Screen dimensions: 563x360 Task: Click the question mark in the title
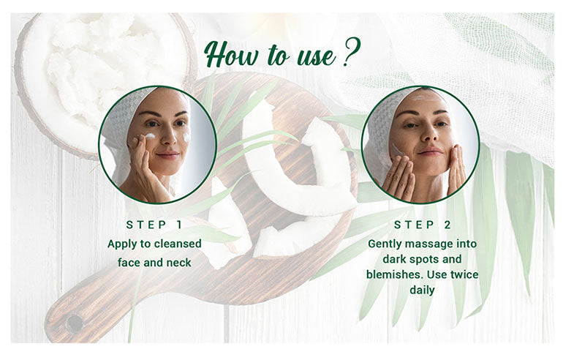[351, 52]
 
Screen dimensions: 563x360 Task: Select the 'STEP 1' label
[154, 225]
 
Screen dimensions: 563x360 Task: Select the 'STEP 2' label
[423, 225]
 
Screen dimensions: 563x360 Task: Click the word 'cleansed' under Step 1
[178, 244]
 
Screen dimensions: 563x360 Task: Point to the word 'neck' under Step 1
[179, 263]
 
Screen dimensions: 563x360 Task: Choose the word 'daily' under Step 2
[423, 290]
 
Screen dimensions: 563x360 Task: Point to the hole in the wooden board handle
[75, 322]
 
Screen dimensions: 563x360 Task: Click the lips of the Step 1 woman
[167, 155]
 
